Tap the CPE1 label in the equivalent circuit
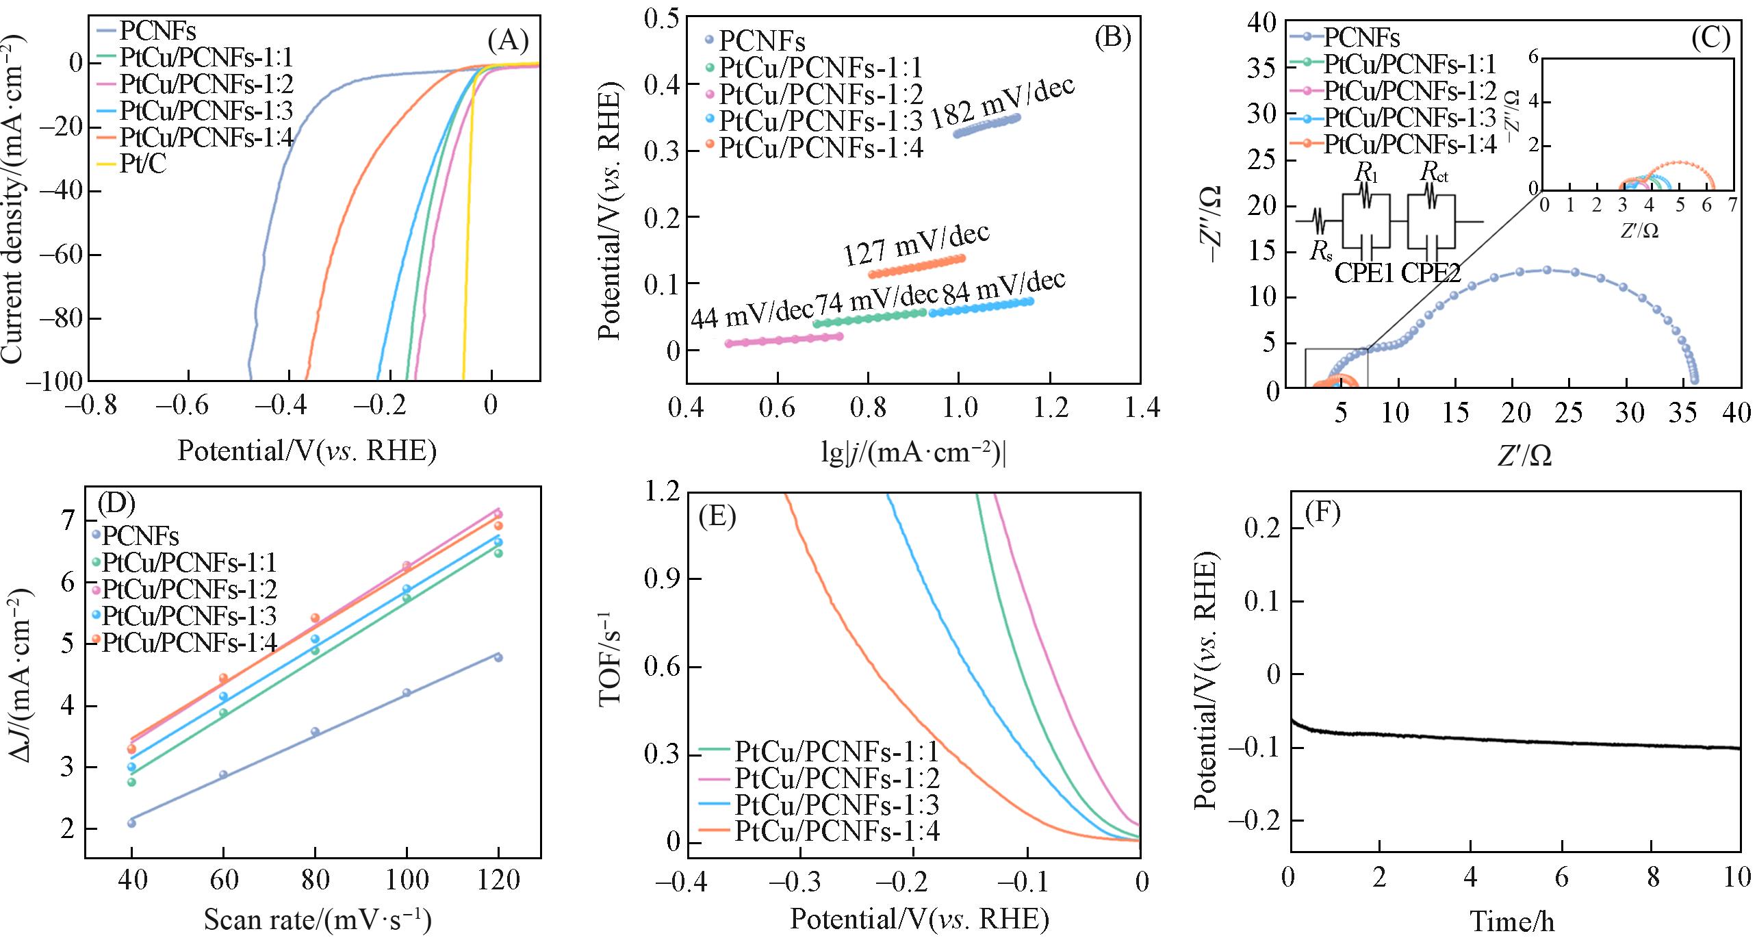1364,273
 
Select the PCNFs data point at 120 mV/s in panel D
498,657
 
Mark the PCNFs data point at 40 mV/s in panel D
131,822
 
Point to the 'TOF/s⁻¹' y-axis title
611,665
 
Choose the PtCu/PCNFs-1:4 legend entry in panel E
835,831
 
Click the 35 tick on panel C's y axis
1264,68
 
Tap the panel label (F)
1322,514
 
